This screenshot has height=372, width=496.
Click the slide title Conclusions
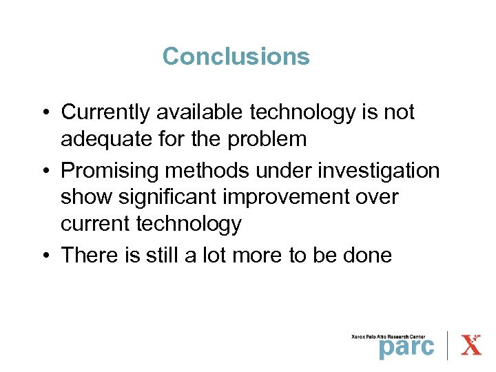pos(236,56)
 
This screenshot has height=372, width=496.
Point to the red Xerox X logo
pos(471,344)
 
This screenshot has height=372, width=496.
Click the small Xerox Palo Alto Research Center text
pos(393,335)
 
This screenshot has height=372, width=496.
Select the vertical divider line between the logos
pos(448,344)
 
